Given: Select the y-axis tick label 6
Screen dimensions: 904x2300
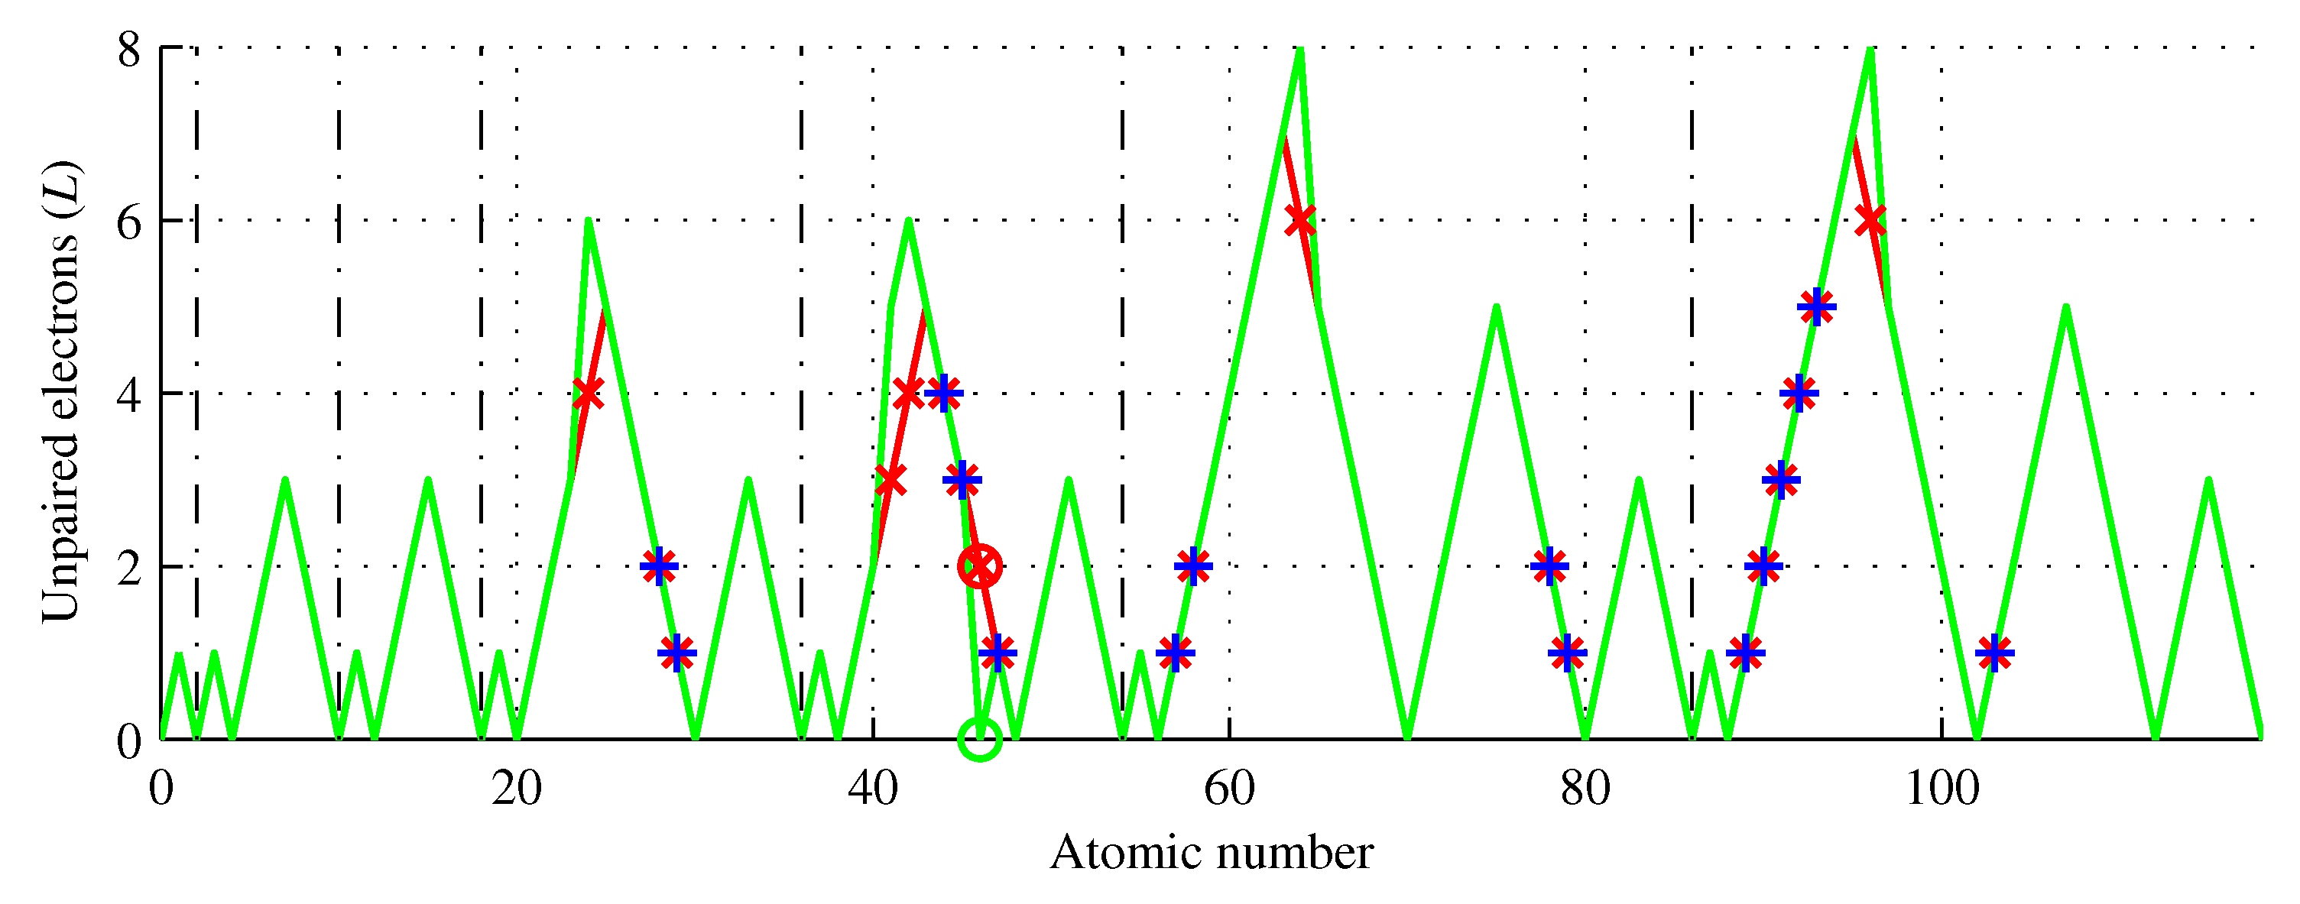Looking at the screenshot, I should click(129, 222).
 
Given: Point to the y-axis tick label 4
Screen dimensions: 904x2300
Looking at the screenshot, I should click(129, 394).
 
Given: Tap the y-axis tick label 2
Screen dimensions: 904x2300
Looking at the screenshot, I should click(129, 568).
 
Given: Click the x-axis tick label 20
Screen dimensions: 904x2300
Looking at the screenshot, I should click(516, 789).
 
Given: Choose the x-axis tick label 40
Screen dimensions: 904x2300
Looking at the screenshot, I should click(872, 789).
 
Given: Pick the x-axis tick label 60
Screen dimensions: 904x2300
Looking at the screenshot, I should click(1228, 789).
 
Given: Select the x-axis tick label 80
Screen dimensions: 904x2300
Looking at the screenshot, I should click(1585, 789).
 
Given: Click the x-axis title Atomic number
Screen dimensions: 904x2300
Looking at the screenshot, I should click(1212, 853).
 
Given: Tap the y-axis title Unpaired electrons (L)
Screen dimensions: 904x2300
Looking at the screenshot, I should click(60, 393).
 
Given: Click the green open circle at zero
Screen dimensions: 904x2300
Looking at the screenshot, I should click(979, 739).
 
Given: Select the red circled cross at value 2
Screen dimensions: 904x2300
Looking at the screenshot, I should click(979, 565).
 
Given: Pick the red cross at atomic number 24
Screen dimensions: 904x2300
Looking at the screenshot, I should click(588, 393).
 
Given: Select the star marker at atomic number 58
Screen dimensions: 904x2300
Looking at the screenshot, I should click(1194, 565).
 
